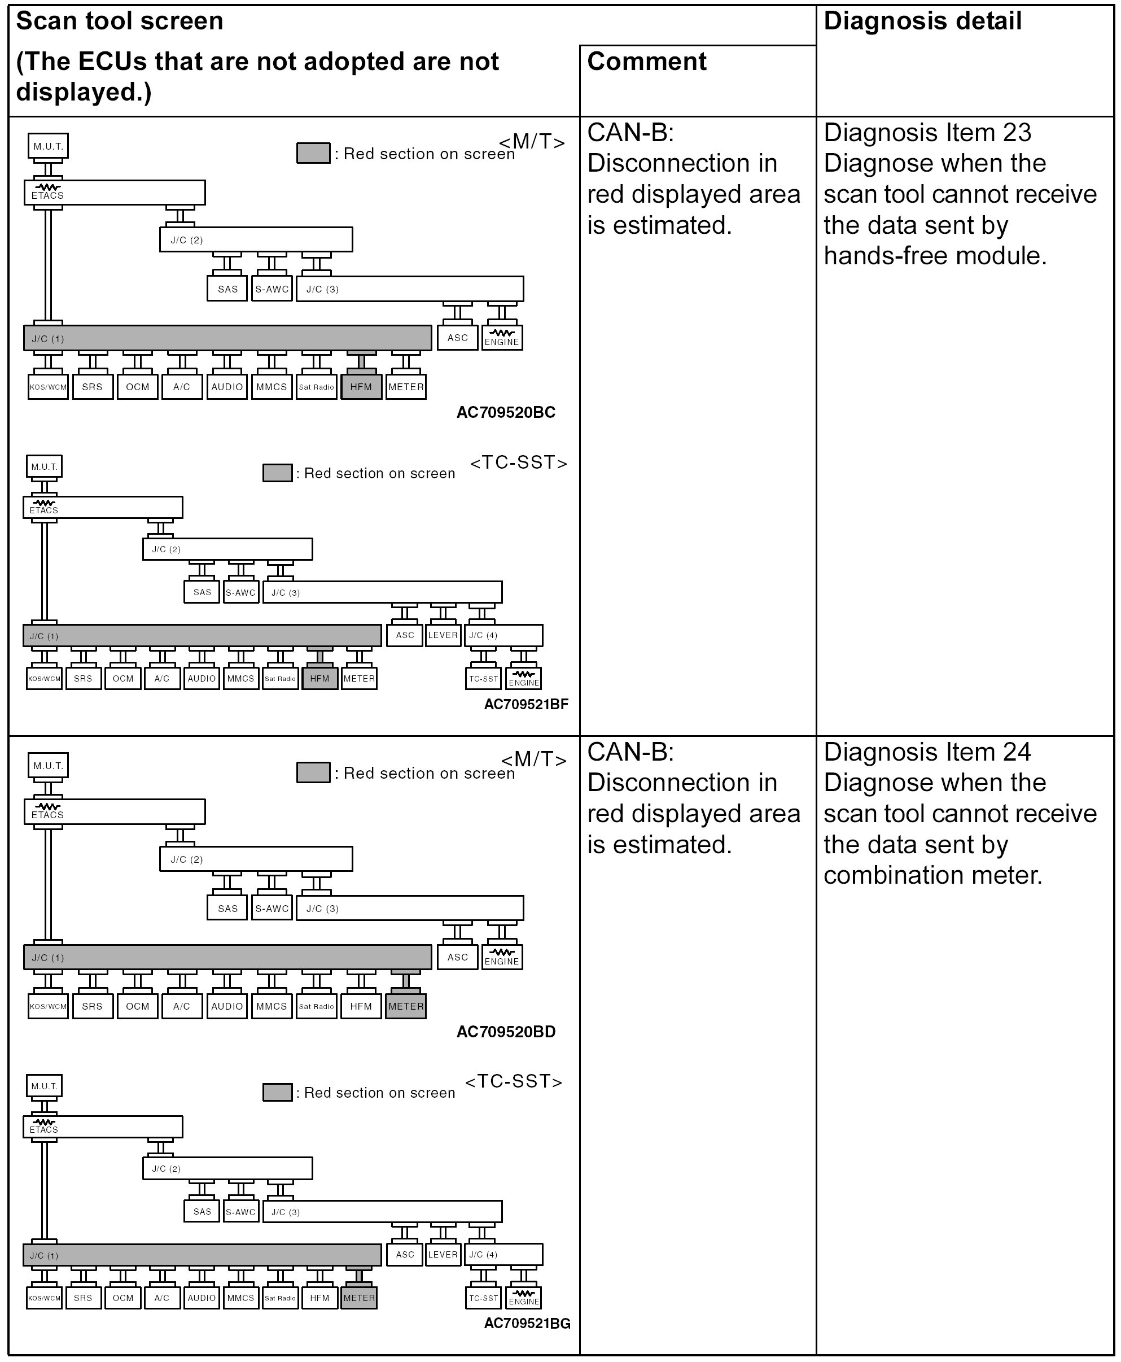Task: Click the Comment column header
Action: coord(646,62)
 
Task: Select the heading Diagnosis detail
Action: coord(922,21)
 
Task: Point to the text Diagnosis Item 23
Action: coord(927,133)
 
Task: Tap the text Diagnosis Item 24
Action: coord(927,752)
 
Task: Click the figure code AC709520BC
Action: coord(506,412)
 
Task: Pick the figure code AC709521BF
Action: coord(526,704)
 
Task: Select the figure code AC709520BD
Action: coord(506,1032)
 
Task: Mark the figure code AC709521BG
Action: coord(527,1323)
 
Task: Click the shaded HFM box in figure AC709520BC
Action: coord(361,387)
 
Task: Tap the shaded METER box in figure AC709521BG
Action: coord(359,1298)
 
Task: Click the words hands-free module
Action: coord(935,256)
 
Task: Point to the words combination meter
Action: coord(932,875)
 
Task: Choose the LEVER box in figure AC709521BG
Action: coord(443,1255)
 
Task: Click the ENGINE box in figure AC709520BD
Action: coord(502,958)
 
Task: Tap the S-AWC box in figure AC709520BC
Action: coord(272,289)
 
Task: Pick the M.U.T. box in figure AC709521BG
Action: coord(45,1086)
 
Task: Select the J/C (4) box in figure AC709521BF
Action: coord(503,635)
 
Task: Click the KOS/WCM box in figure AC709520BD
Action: coord(49,1007)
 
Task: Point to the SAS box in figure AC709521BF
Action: coord(202,592)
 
